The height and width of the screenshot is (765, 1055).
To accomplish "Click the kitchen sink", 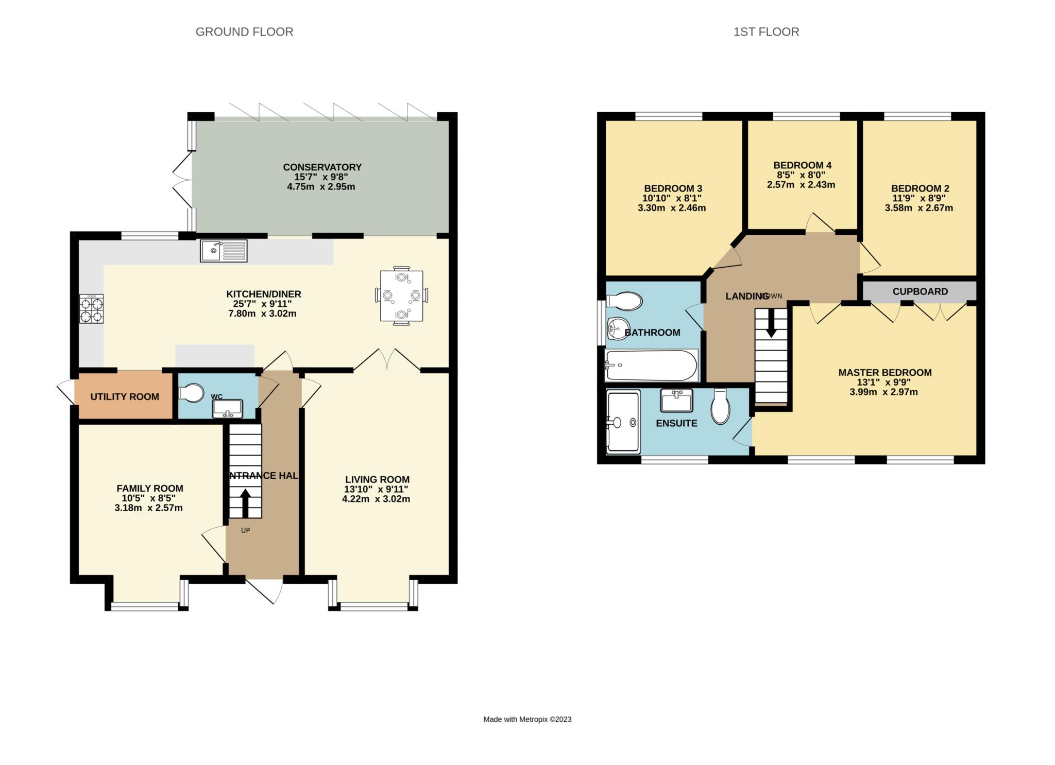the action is (x=224, y=251).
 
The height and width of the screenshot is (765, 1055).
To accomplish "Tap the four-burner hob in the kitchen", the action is (x=91, y=308).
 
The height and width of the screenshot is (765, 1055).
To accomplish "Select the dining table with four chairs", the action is (x=401, y=295).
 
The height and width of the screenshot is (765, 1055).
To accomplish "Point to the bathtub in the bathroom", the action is (x=652, y=365).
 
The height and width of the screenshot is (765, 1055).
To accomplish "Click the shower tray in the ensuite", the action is (x=623, y=422).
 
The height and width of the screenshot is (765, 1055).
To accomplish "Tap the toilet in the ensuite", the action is (x=720, y=407).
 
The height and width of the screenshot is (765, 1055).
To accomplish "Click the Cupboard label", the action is (x=920, y=291).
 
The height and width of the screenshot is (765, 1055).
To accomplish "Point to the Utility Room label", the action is (x=125, y=396).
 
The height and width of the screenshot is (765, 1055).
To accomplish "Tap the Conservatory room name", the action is (x=322, y=167).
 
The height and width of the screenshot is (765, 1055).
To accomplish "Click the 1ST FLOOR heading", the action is (x=766, y=32).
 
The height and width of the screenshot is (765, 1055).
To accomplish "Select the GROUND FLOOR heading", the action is (x=244, y=32).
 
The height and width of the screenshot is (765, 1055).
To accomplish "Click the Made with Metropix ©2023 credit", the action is (x=527, y=719).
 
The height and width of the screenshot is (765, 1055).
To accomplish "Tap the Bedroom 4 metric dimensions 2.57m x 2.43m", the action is (x=801, y=184).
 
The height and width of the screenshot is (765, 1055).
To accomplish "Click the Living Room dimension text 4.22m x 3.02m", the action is (x=376, y=498).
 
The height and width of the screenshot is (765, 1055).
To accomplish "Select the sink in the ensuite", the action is (x=676, y=400).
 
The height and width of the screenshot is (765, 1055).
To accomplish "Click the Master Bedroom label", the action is (x=885, y=372).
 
